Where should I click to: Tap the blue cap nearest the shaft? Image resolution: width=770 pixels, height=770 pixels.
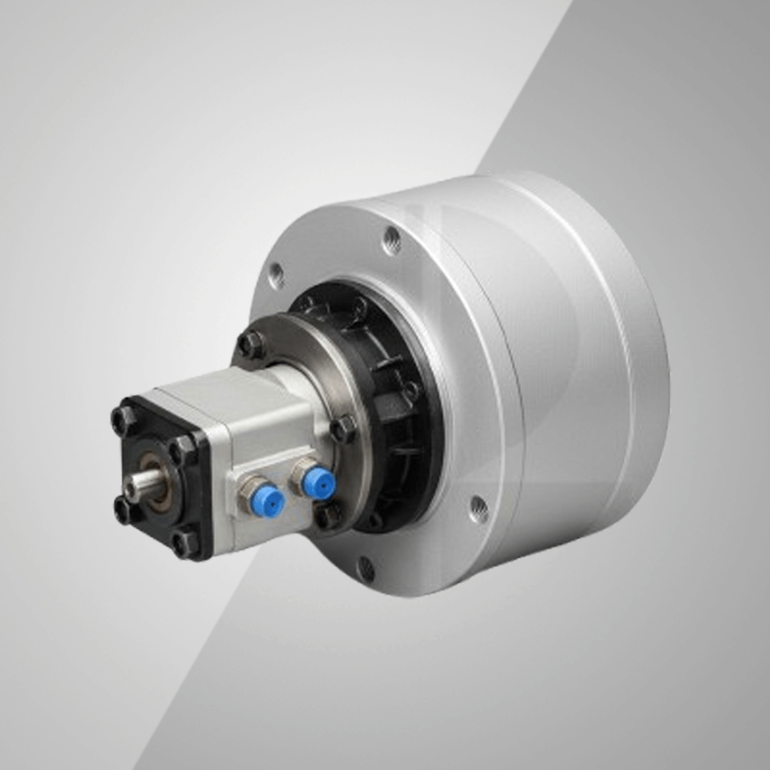coord(268,502)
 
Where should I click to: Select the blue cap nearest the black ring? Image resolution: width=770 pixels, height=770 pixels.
coord(319,483)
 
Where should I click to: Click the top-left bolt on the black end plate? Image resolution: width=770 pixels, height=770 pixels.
coord(123,420)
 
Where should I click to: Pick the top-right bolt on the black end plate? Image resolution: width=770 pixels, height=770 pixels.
coord(183,450)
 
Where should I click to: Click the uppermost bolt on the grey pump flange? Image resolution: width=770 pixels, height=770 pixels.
coord(250,344)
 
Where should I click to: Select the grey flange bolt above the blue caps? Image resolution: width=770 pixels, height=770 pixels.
coord(343,429)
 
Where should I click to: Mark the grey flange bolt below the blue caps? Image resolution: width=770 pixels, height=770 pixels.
coord(328,516)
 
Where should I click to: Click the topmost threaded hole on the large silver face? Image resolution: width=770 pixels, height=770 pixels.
coord(391,241)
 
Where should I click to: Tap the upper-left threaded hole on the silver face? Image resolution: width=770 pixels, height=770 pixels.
coord(276,275)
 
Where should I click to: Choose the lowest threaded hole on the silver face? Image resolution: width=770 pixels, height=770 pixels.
coord(365,569)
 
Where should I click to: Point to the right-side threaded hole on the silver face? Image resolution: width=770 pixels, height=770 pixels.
coord(477,509)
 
